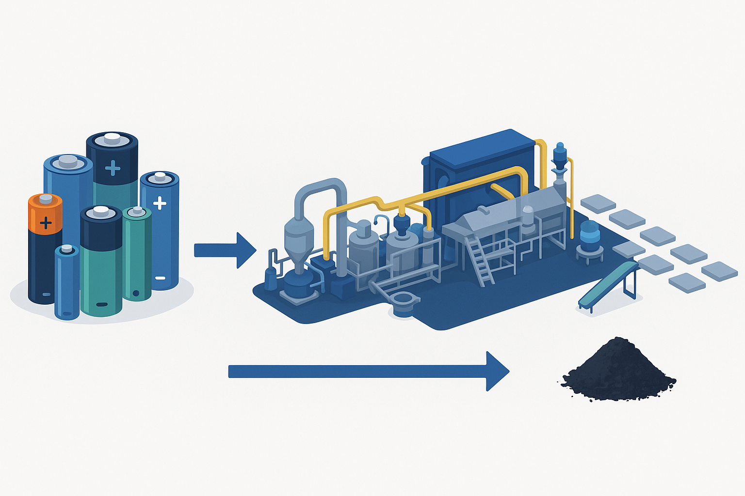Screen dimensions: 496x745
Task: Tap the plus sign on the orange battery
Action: click(46, 223)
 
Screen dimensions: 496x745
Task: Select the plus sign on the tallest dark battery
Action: click(113, 168)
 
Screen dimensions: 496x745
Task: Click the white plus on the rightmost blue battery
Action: click(160, 203)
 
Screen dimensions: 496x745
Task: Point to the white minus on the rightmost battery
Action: click(161, 278)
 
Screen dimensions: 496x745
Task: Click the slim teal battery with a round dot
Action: click(137, 257)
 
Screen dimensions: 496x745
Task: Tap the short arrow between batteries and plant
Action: click(225, 250)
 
